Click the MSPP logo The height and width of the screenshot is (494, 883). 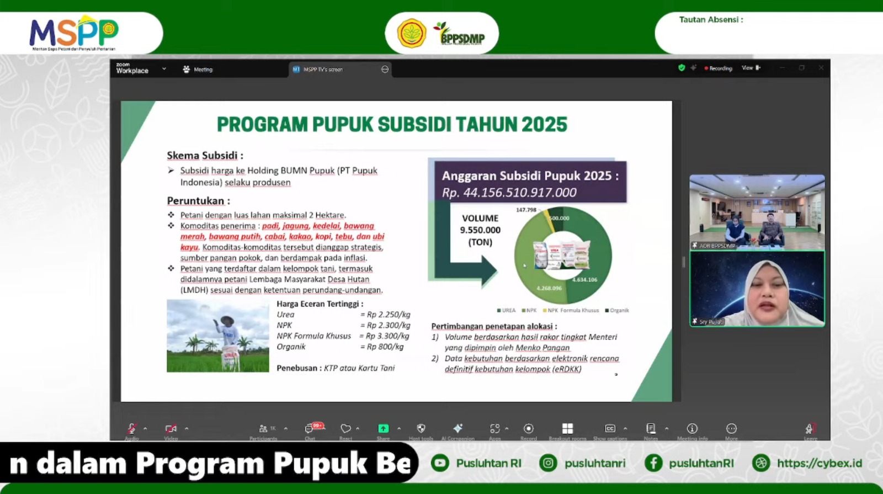point(73,33)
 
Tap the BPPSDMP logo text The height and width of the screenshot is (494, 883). point(462,37)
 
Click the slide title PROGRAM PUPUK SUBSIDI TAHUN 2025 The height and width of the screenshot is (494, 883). point(392,125)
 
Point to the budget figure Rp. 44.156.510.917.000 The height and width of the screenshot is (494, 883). point(509,193)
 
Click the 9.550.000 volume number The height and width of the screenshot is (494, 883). point(480,230)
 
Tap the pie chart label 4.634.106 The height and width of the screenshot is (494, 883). point(584,280)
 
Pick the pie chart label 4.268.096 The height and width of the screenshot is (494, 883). point(549,288)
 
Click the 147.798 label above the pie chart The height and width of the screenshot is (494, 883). point(526,210)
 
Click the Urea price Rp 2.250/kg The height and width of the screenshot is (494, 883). point(389,315)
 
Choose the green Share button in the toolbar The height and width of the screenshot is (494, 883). point(383,428)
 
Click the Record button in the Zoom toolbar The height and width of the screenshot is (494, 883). point(528,429)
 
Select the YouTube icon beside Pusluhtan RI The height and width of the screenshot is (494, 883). point(440,463)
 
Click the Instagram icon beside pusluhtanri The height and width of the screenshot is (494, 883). point(548,463)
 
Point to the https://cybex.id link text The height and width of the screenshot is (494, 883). point(819,463)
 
